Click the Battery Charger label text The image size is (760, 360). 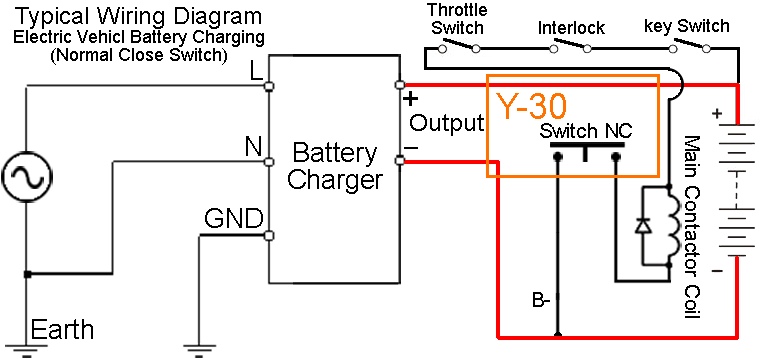334,167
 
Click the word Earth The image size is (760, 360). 62,330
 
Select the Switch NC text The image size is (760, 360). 585,131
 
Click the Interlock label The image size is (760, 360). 571,28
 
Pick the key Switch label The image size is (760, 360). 687,26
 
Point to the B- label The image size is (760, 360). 541,299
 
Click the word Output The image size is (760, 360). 447,123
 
